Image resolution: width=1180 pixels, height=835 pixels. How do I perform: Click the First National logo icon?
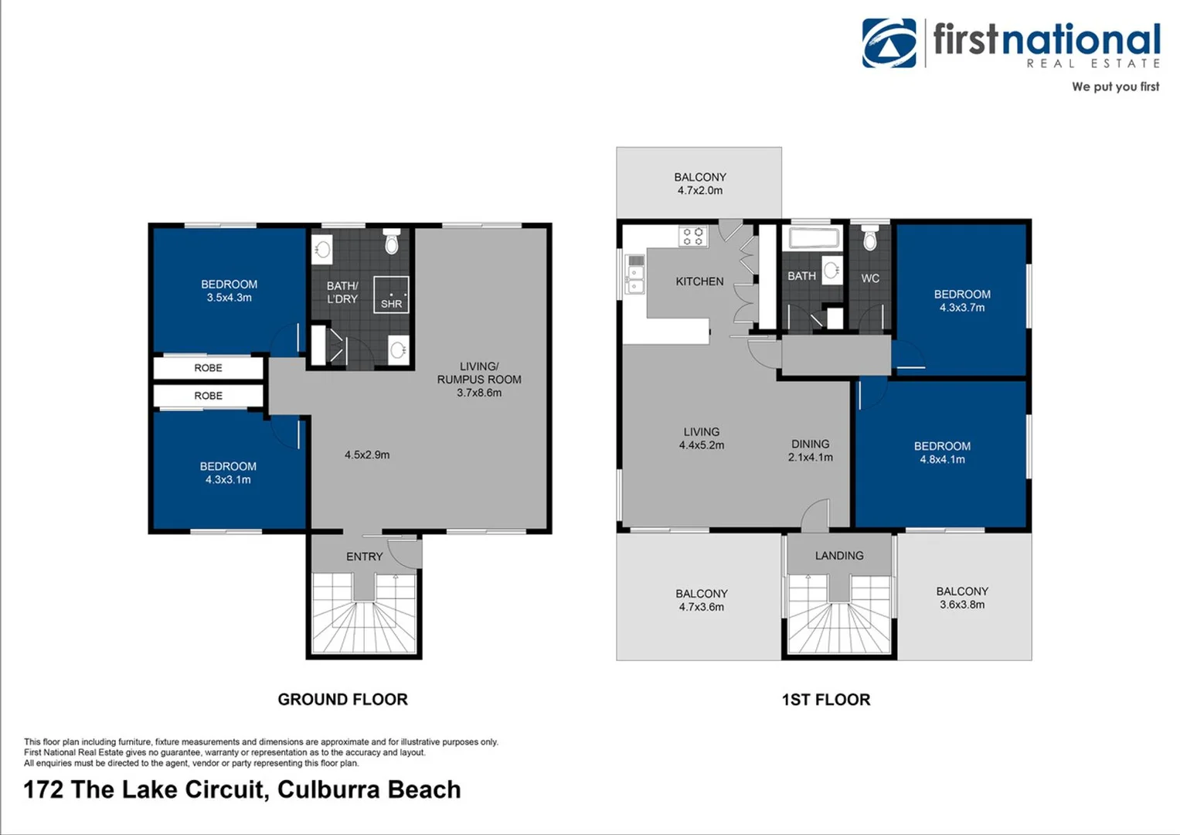(889, 43)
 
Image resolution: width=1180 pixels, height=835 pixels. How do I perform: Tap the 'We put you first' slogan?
(1114, 87)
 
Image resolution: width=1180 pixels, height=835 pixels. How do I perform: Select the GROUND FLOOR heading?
(342, 699)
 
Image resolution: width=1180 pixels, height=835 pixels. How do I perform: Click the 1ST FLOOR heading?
(825, 700)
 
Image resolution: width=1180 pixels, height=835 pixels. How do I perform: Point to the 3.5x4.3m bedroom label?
(229, 291)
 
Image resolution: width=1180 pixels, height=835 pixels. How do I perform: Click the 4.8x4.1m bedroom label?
(942, 453)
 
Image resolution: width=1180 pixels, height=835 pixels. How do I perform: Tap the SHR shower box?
(391, 295)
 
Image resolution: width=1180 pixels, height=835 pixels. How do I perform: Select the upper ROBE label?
(208, 368)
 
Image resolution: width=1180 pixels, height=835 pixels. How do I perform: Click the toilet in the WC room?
(869, 240)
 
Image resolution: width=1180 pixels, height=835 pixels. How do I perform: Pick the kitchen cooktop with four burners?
(693, 236)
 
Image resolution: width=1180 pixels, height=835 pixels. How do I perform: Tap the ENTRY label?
(364, 557)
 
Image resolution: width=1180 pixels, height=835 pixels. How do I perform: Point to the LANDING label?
(838, 556)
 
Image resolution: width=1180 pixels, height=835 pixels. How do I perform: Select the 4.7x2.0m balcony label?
(699, 184)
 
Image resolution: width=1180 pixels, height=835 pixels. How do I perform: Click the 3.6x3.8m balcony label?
(961, 598)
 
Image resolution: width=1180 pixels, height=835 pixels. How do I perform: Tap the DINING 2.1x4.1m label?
(810, 451)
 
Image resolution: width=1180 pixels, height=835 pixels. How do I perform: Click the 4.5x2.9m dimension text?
(367, 455)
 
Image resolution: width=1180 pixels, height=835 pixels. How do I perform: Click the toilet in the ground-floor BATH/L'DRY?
(392, 243)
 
